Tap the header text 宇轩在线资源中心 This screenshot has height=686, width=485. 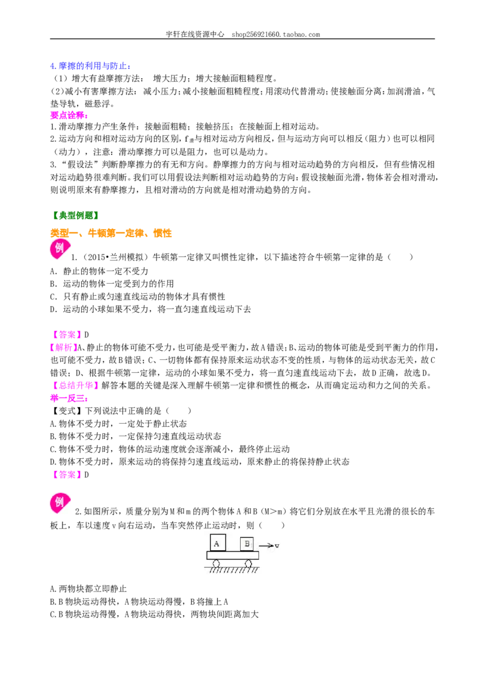[x=195, y=34]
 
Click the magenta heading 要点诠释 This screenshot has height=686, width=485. [x=69, y=116]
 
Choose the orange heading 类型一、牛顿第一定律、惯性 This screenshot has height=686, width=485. [x=111, y=233]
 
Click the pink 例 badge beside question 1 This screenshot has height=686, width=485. [x=59, y=249]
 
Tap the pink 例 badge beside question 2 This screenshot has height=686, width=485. [x=59, y=503]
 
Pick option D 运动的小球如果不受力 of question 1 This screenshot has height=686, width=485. [x=150, y=309]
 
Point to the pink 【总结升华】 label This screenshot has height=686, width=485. [x=75, y=385]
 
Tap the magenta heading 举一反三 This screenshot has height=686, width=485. [x=69, y=398]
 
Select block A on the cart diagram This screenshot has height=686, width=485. [x=217, y=544]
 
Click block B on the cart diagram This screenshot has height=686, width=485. [x=247, y=544]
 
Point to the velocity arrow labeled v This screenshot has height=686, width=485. [x=266, y=545]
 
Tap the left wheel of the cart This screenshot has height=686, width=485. [x=216, y=564]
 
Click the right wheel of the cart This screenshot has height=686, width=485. [x=248, y=564]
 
